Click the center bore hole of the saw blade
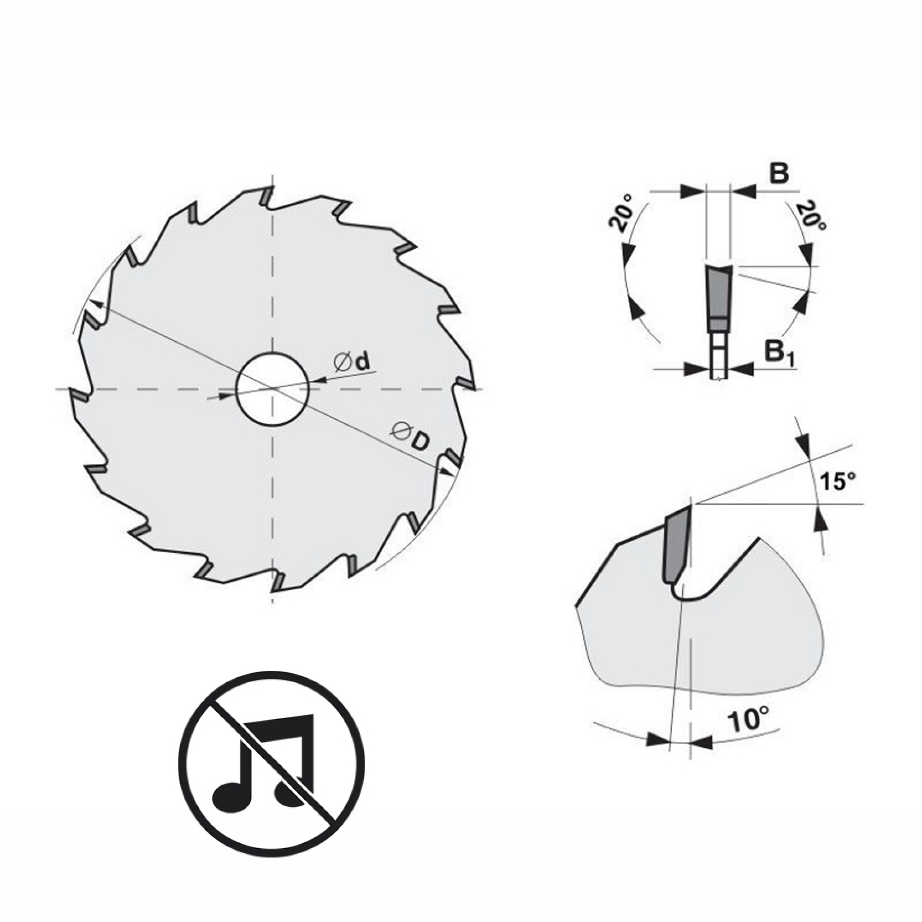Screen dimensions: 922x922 272,390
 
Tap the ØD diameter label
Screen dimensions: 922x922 410,436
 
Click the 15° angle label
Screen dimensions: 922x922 838,482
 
